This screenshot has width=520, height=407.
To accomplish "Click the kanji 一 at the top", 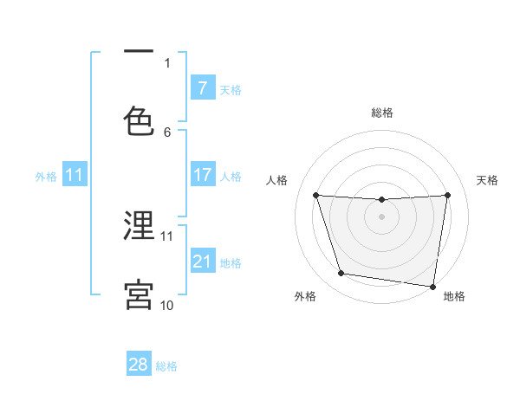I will [x=139, y=53].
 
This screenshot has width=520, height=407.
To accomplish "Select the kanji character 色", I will [x=139, y=121].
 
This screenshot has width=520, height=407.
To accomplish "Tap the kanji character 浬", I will [x=139, y=225].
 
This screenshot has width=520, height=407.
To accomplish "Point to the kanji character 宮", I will [x=139, y=294].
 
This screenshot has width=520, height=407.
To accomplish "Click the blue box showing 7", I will [x=202, y=88].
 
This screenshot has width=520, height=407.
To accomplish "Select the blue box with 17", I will [x=202, y=175].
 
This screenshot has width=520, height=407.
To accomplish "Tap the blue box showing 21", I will [x=202, y=261].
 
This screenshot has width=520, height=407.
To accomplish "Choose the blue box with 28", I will [x=139, y=365].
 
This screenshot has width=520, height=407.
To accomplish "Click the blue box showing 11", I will [x=74, y=175].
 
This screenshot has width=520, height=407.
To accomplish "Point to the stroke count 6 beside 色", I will [x=167, y=132].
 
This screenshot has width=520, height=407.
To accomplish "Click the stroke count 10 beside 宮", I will [x=166, y=306].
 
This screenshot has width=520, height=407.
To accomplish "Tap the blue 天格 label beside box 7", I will [x=231, y=89].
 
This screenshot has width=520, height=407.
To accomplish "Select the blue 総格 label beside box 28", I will [x=166, y=366].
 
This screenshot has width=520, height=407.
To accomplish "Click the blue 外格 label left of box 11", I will [x=46, y=176].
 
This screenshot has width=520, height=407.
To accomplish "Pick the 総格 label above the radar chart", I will [x=382, y=113].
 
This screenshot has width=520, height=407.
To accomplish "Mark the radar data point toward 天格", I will [x=448, y=195].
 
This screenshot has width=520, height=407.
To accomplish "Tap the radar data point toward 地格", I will [x=432, y=286].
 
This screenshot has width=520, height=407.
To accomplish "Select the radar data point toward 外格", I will [x=341, y=274].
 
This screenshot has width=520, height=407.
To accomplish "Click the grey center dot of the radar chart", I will [x=382, y=216].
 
